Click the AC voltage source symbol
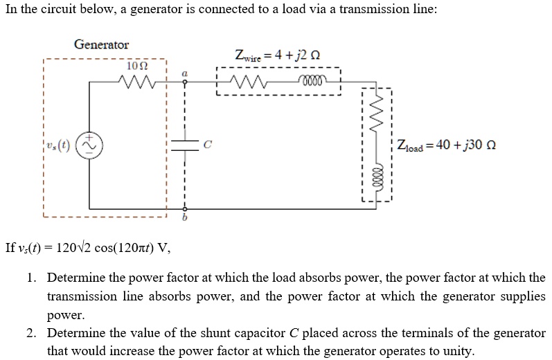[x=91, y=145]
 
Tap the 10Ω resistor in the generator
[x=141, y=82]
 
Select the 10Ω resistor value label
[x=139, y=66]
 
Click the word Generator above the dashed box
[x=102, y=45]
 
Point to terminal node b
[x=184, y=208]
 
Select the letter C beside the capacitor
[x=206, y=144]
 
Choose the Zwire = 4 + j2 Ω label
[x=277, y=55]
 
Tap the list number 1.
[x=31, y=278]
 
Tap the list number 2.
[x=31, y=333]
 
